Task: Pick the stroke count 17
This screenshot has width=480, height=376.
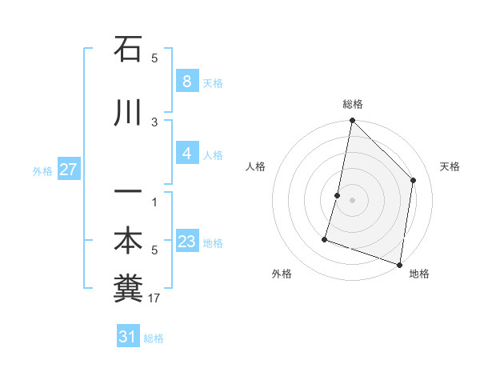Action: tap(154, 298)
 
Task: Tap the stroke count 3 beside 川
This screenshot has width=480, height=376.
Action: tap(154, 122)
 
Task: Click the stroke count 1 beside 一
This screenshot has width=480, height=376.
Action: tap(154, 202)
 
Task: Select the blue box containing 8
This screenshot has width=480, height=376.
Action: tap(186, 81)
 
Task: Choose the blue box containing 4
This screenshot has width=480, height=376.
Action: tap(186, 154)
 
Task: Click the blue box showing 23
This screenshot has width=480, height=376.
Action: tap(186, 242)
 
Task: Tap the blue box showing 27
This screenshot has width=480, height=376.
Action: tap(68, 170)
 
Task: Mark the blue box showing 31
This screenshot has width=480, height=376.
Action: tap(128, 337)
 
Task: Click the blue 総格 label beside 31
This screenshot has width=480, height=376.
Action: tap(154, 338)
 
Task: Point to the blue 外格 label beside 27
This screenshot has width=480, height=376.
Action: tap(42, 171)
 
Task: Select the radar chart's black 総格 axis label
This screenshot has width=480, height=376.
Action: tap(352, 105)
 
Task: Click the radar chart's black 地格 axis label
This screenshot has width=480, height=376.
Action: tap(419, 274)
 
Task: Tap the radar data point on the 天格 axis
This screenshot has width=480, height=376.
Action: tap(414, 180)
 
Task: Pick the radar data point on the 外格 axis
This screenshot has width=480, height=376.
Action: tap(325, 238)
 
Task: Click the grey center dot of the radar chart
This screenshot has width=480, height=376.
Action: tap(352, 200)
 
